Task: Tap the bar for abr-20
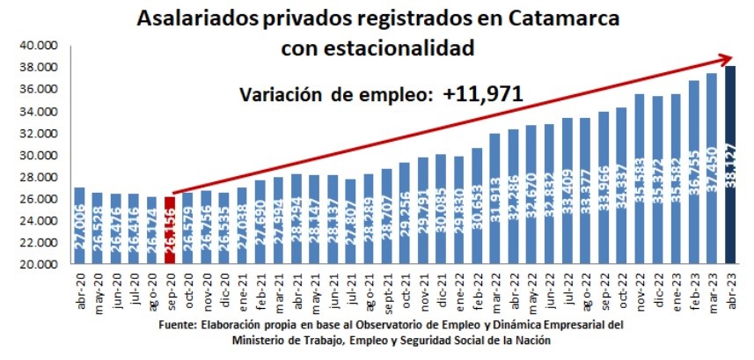pos(79,225)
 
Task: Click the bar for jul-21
pos(351,221)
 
